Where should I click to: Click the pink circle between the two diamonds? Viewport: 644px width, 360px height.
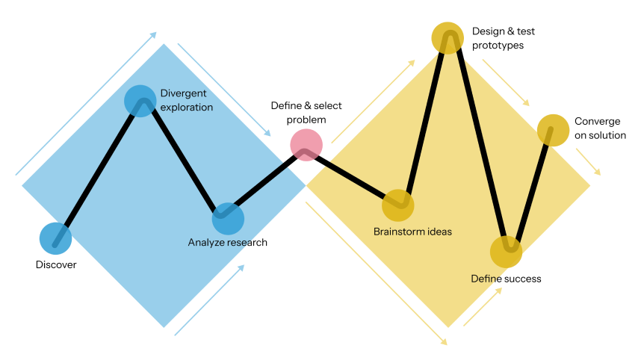pyautogui.click(x=306, y=145)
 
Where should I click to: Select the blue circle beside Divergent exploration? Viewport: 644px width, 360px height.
pyautogui.click(x=140, y=101)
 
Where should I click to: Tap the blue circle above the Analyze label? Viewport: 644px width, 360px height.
pyautogui.click(x=228, y=219)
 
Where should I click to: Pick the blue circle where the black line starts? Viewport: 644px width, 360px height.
pyautogui.click(x=55, y=238)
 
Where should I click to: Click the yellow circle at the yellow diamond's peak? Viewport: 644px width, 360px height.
pyautogui.click(x=448, y=37)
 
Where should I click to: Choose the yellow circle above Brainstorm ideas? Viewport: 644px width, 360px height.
pyautogui.click(x=398, y=205)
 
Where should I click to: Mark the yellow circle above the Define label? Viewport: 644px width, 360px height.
pyautogui.click(x=506, y=252)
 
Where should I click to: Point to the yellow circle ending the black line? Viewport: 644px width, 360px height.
pyautogui.click(x=553, y=130)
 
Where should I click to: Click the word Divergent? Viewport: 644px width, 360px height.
pyautogui.click(x=183, y=93)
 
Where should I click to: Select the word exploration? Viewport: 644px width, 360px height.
pyautogui.click(x=187, y=108)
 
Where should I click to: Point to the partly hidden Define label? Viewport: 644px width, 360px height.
pyautogui.click(x=483, y=279)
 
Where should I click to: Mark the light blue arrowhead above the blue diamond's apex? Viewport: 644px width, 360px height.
pyautogui.click(x=153, y=34)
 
